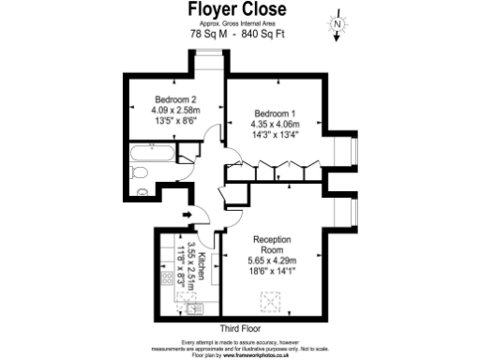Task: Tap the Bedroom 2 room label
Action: [x=174, y=99]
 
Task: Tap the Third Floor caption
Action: [x=241, y=329]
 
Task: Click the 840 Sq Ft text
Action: [x=265, y=34]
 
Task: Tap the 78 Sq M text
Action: [x=208, y=34]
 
